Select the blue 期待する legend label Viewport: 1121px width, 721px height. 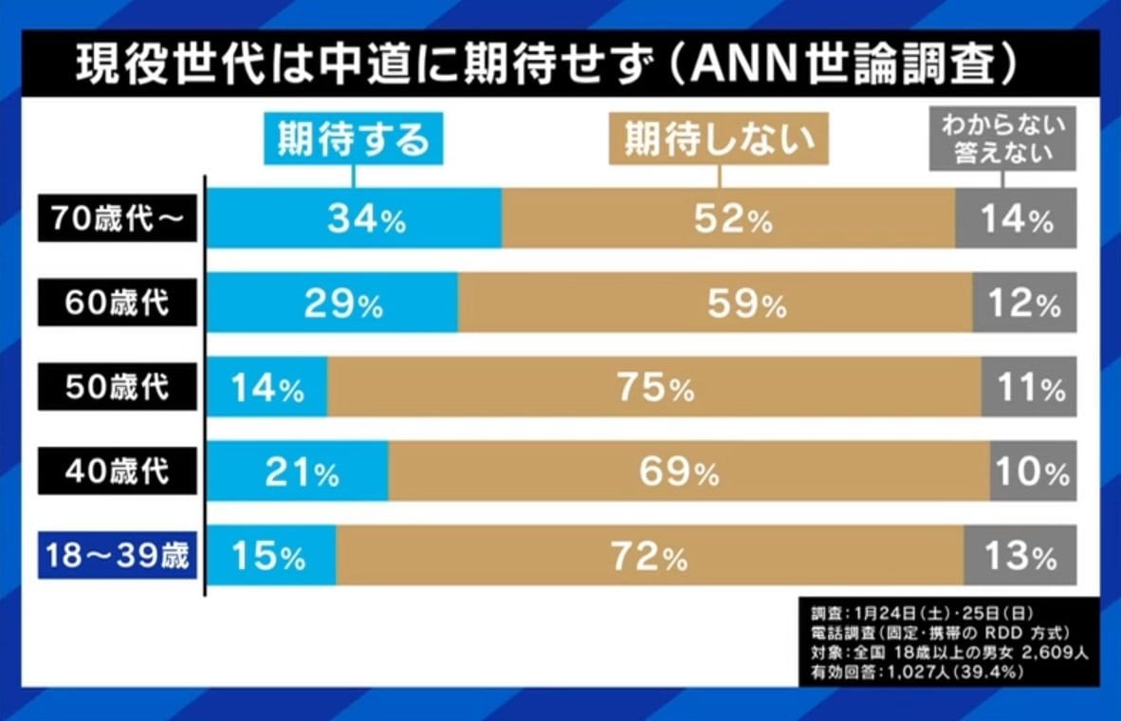353,140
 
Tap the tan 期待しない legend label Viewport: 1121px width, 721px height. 719,140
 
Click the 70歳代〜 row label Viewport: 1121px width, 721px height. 118,219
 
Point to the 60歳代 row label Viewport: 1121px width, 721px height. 118,304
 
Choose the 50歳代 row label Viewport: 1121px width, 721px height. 118,387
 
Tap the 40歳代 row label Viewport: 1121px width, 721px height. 118,471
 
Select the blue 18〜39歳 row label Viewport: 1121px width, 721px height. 118,555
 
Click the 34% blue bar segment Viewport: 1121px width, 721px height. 355,219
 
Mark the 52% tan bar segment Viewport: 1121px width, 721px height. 728,219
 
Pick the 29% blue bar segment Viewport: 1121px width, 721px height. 333,304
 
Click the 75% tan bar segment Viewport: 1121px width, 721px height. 654,387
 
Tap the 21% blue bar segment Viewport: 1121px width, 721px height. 298,471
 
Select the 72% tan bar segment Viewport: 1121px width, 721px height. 650,555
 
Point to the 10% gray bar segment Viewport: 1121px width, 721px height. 1033,471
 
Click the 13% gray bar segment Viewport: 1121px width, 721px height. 1020,555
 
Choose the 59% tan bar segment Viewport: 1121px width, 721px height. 715,304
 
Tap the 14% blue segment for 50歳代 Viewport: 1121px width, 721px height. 267,387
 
